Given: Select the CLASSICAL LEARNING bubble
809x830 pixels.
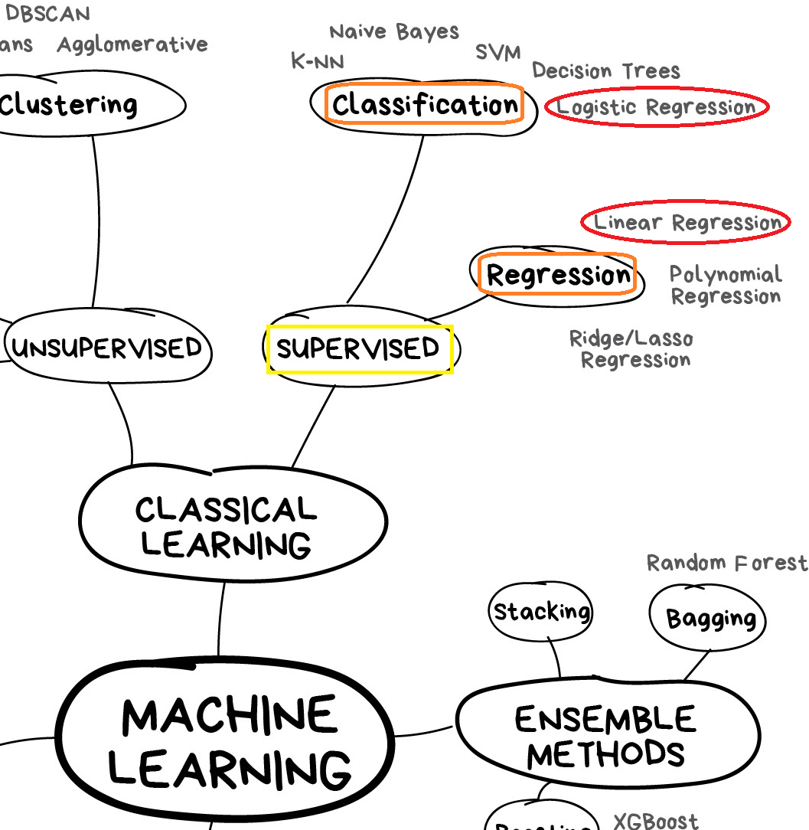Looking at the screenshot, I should (x=227, y=527).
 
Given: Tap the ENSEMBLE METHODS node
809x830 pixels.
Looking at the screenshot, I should (x=606, y=736).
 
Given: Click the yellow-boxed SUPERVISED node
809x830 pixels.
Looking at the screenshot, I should (x=359, y=349).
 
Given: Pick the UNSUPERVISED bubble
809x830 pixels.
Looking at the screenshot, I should (x=108, y=349).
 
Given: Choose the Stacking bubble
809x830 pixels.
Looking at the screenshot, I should (x=541, y=612).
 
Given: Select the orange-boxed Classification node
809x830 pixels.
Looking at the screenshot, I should (x=425, y=105).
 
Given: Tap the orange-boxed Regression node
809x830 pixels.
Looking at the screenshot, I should (x=558, y=275).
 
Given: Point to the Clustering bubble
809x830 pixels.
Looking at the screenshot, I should (x=69, y=105).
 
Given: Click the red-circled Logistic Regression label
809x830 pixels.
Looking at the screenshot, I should (x=656, y=107).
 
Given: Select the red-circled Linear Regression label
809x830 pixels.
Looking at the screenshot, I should (x=687, y=224).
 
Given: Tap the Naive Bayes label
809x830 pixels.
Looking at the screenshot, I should (x=394, y=32).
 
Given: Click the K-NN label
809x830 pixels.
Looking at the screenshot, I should (x=318, y=61).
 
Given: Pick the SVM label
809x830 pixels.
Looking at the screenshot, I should (x=497, y=53).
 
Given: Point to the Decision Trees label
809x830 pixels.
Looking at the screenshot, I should (x=606, y=71).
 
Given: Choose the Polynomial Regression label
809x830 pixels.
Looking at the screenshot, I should (x=725, y=285).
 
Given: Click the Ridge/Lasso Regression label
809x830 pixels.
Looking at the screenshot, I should (x=632, y=349).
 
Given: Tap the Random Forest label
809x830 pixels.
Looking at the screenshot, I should (x=726, y=564).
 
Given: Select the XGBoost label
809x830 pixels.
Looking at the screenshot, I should (x=655, y=822).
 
